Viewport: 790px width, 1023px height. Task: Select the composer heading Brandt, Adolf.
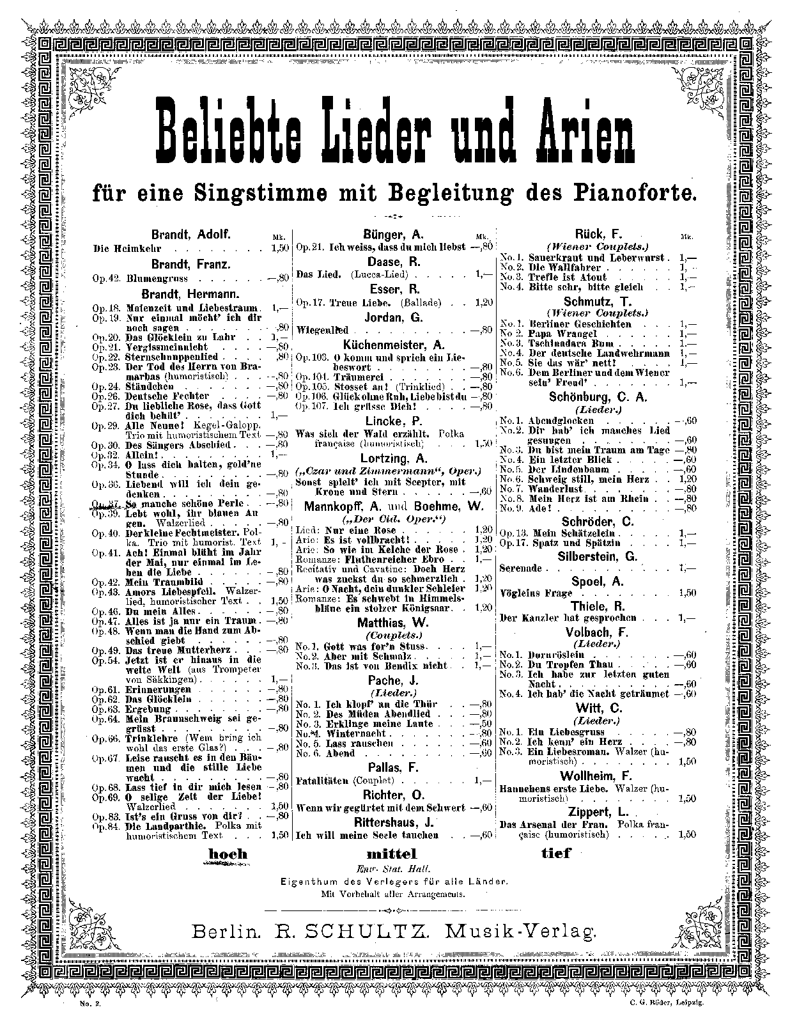point(190,235)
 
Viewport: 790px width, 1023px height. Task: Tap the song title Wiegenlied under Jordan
point(323,331)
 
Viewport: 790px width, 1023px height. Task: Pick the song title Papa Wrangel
point(562,334)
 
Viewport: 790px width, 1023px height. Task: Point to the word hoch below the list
point(228,854)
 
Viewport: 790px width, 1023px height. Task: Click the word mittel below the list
point(391,854)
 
